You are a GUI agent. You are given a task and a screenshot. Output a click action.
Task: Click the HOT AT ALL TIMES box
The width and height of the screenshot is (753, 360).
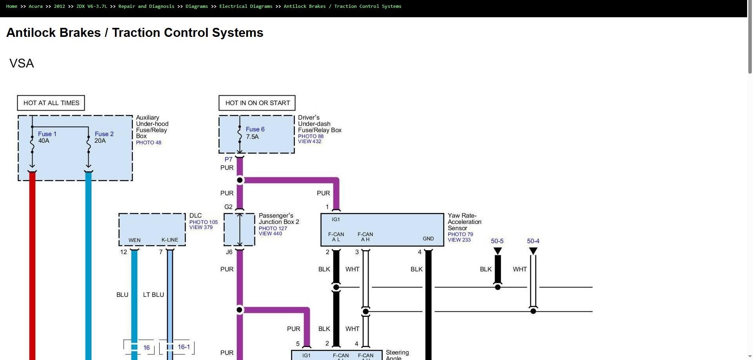tap(51, 103)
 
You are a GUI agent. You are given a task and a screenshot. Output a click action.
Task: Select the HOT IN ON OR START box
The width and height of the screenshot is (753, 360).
tap(257, 103)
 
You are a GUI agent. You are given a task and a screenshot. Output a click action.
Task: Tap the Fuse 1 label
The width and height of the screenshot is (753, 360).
tap(47, 134)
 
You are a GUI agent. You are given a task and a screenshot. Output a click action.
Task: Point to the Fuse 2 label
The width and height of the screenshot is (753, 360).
tap(104, 134)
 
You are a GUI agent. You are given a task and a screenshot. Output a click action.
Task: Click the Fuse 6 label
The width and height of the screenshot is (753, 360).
tap(255, 129)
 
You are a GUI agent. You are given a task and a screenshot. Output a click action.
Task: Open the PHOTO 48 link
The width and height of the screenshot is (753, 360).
tap(149, 142)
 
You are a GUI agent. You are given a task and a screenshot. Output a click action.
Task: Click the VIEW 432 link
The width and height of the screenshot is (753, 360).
tap(309, 141)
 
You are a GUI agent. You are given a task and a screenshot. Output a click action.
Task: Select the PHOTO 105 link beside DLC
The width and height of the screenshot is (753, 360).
tap(204, 222)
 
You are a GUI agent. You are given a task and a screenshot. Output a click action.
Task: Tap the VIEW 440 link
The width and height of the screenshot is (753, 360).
tap(270, 233)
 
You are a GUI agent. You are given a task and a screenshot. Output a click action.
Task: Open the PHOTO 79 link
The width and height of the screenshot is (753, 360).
tap(460, 234)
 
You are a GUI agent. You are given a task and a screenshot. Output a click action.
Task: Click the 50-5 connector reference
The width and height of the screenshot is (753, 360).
tap(497, 241)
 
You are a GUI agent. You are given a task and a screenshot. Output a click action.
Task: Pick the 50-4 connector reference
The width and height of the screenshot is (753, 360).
tap(533, 241)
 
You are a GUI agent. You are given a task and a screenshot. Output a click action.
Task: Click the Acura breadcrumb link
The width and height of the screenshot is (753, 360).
tap(36, 6)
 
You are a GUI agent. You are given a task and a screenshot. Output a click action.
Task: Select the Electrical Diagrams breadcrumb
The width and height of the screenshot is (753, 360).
tap(246, 6)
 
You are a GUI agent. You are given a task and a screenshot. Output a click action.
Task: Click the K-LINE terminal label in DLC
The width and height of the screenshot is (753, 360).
tap(170, 240)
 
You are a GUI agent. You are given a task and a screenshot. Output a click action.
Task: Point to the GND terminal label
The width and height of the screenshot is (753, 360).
tap(428, 238)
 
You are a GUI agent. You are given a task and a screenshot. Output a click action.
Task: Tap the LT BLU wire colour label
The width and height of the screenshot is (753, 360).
tap(153, 295)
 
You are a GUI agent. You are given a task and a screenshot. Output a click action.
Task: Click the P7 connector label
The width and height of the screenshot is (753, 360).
tap(228, 159)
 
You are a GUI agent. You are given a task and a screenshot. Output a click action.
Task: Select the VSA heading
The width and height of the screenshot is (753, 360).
tap(22, 63)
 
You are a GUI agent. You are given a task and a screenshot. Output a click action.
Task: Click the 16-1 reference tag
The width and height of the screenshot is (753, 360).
tap(184, 347)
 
